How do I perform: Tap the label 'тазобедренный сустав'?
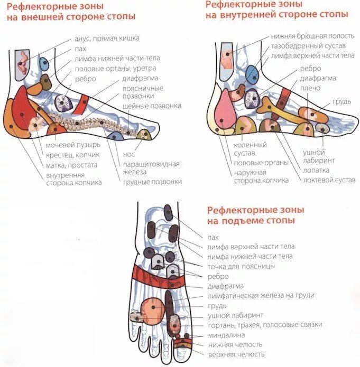[x=308, y=46]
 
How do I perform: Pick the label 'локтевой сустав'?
[x=329, y=180]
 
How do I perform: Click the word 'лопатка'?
[x=317, y=171]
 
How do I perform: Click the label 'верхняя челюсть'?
[x=237, y=354]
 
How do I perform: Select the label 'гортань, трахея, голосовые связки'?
[x=265, y=325]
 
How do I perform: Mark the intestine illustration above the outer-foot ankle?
[x=23, y=64]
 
